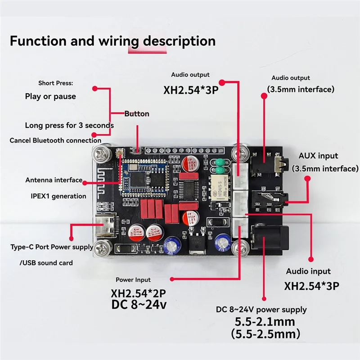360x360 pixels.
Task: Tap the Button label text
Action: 137,114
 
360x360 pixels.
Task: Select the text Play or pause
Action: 50,96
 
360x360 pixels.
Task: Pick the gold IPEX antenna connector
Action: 120,153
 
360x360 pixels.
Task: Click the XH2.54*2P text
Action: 138,293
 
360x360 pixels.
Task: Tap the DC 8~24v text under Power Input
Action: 139,305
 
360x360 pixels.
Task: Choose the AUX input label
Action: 318,156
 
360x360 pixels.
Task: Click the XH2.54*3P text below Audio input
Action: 312,286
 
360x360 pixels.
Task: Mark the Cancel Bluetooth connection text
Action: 55,140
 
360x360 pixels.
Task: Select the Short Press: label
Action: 55,83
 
